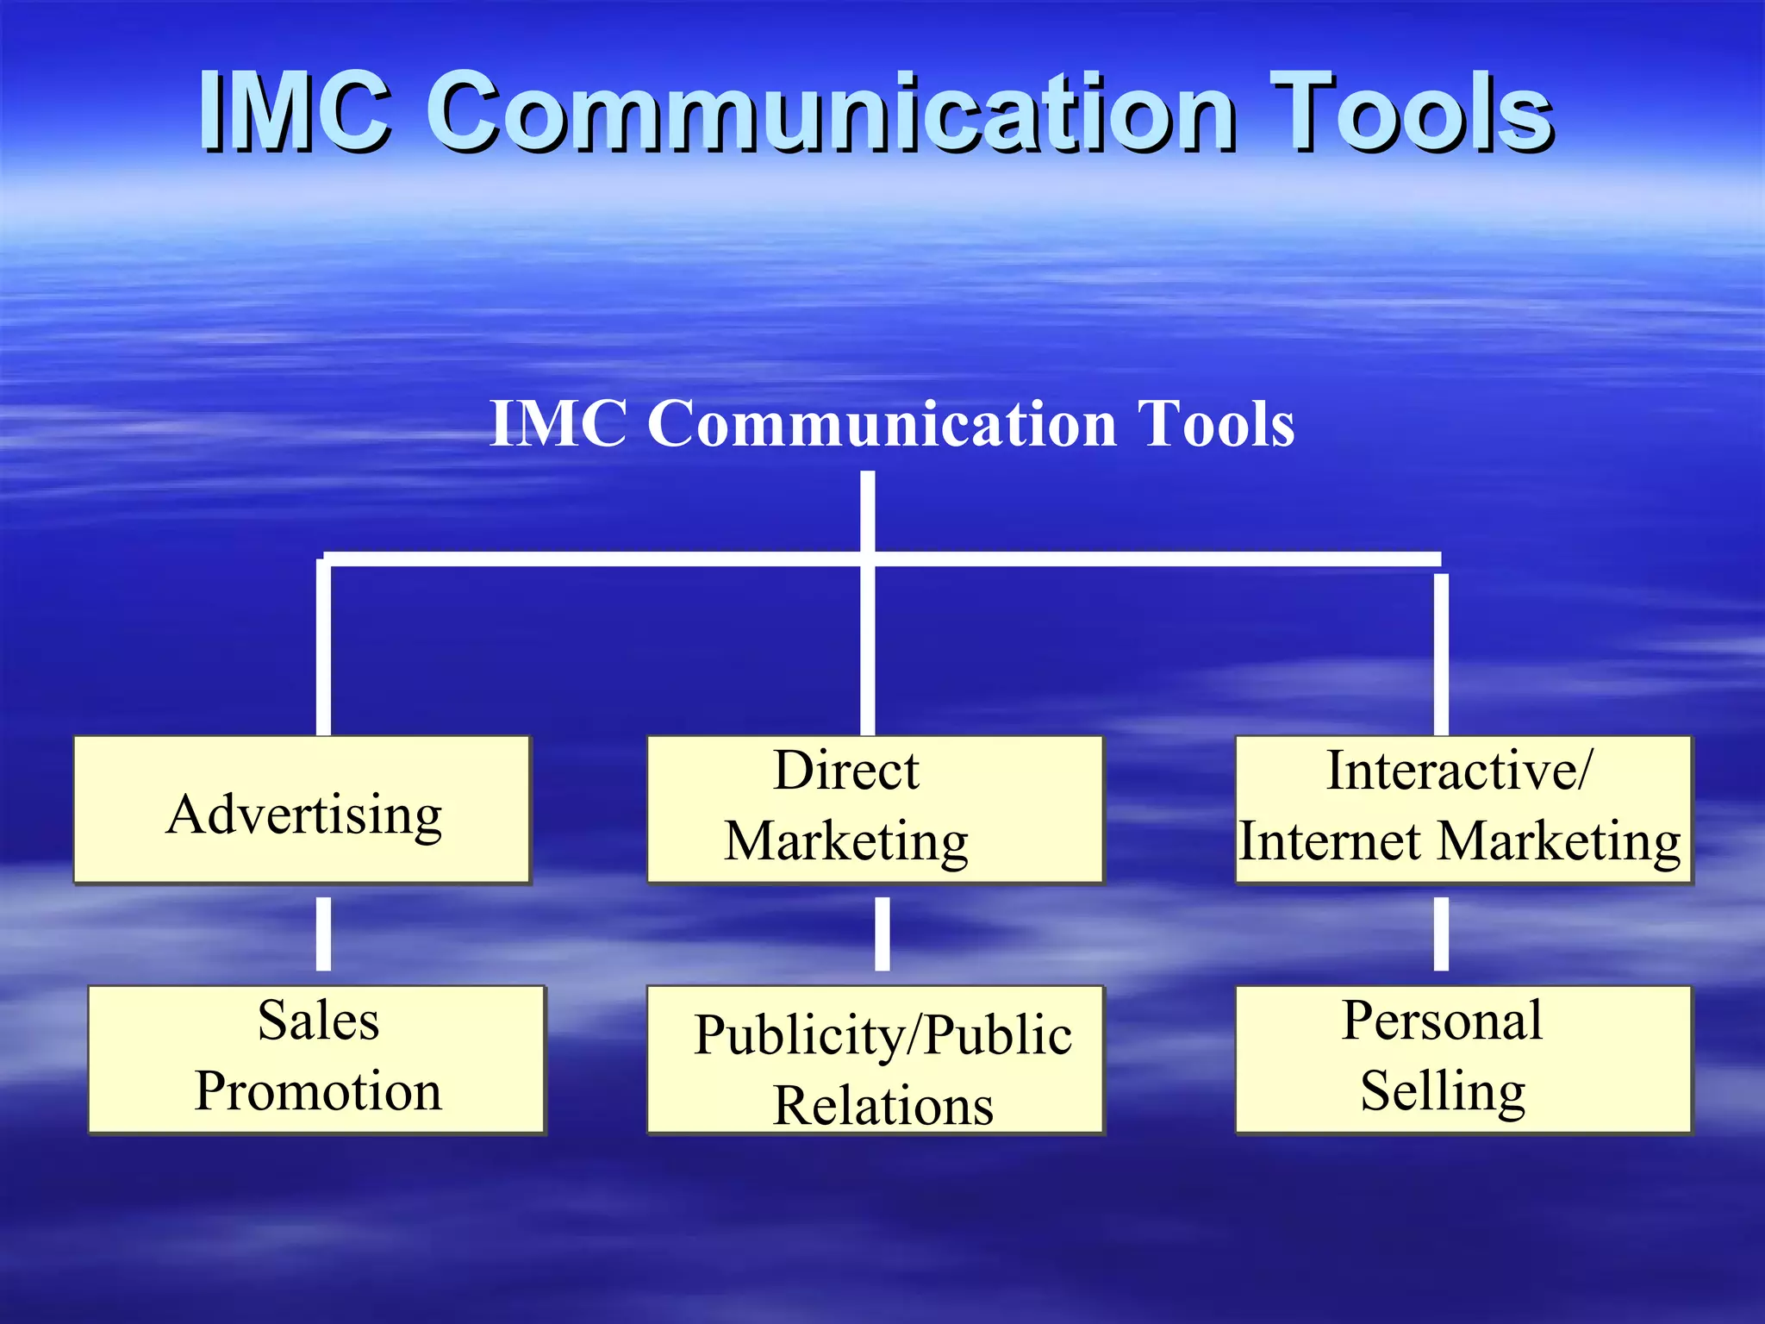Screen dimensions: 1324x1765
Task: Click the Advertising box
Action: click(302, 810)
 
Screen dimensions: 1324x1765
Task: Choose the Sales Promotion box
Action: click(317, 1059)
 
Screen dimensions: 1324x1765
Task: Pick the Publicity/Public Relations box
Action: click(875, 1059)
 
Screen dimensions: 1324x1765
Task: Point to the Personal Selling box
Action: click(1463, 1059)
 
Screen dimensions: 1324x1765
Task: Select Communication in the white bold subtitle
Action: click(883, 424)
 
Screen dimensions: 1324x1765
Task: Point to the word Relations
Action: click(883, 1105)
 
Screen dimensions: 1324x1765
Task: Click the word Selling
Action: click(1443, 1091)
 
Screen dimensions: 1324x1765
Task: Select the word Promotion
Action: click(318, 1091)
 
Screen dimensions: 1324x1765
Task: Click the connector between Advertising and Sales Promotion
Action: click(323, 934)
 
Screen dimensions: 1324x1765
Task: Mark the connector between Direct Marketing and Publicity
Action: click(882, 934)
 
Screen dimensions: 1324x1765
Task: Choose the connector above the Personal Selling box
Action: click(1441, 934)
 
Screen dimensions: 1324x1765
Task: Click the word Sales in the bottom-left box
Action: click(318, 1021)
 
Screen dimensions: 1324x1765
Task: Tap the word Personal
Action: click(1442, 1021)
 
